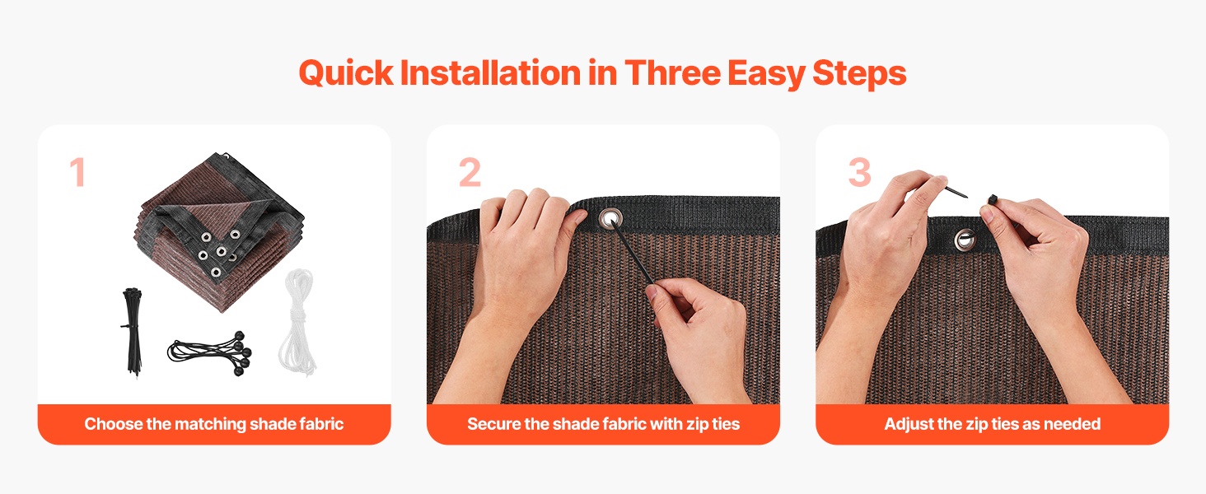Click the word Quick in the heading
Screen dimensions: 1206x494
(x=346, y=74)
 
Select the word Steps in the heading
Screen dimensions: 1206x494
(x=859, y=74)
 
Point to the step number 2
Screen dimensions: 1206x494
(x=470, y=172)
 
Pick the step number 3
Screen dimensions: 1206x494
(x=859, y=172)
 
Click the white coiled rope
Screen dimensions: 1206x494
(x=297, y=322)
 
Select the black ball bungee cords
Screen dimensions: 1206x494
(x=211, y=352)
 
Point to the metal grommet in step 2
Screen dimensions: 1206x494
(x=610, y=219)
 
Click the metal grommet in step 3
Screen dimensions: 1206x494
(x=965, y=240)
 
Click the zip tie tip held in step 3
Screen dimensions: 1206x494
(x=956, y=191)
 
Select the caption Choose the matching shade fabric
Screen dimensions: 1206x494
(x=213, y=424)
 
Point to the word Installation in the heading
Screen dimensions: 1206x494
(x=490, y=72)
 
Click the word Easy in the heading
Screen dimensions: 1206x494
(x=766, y=74)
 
